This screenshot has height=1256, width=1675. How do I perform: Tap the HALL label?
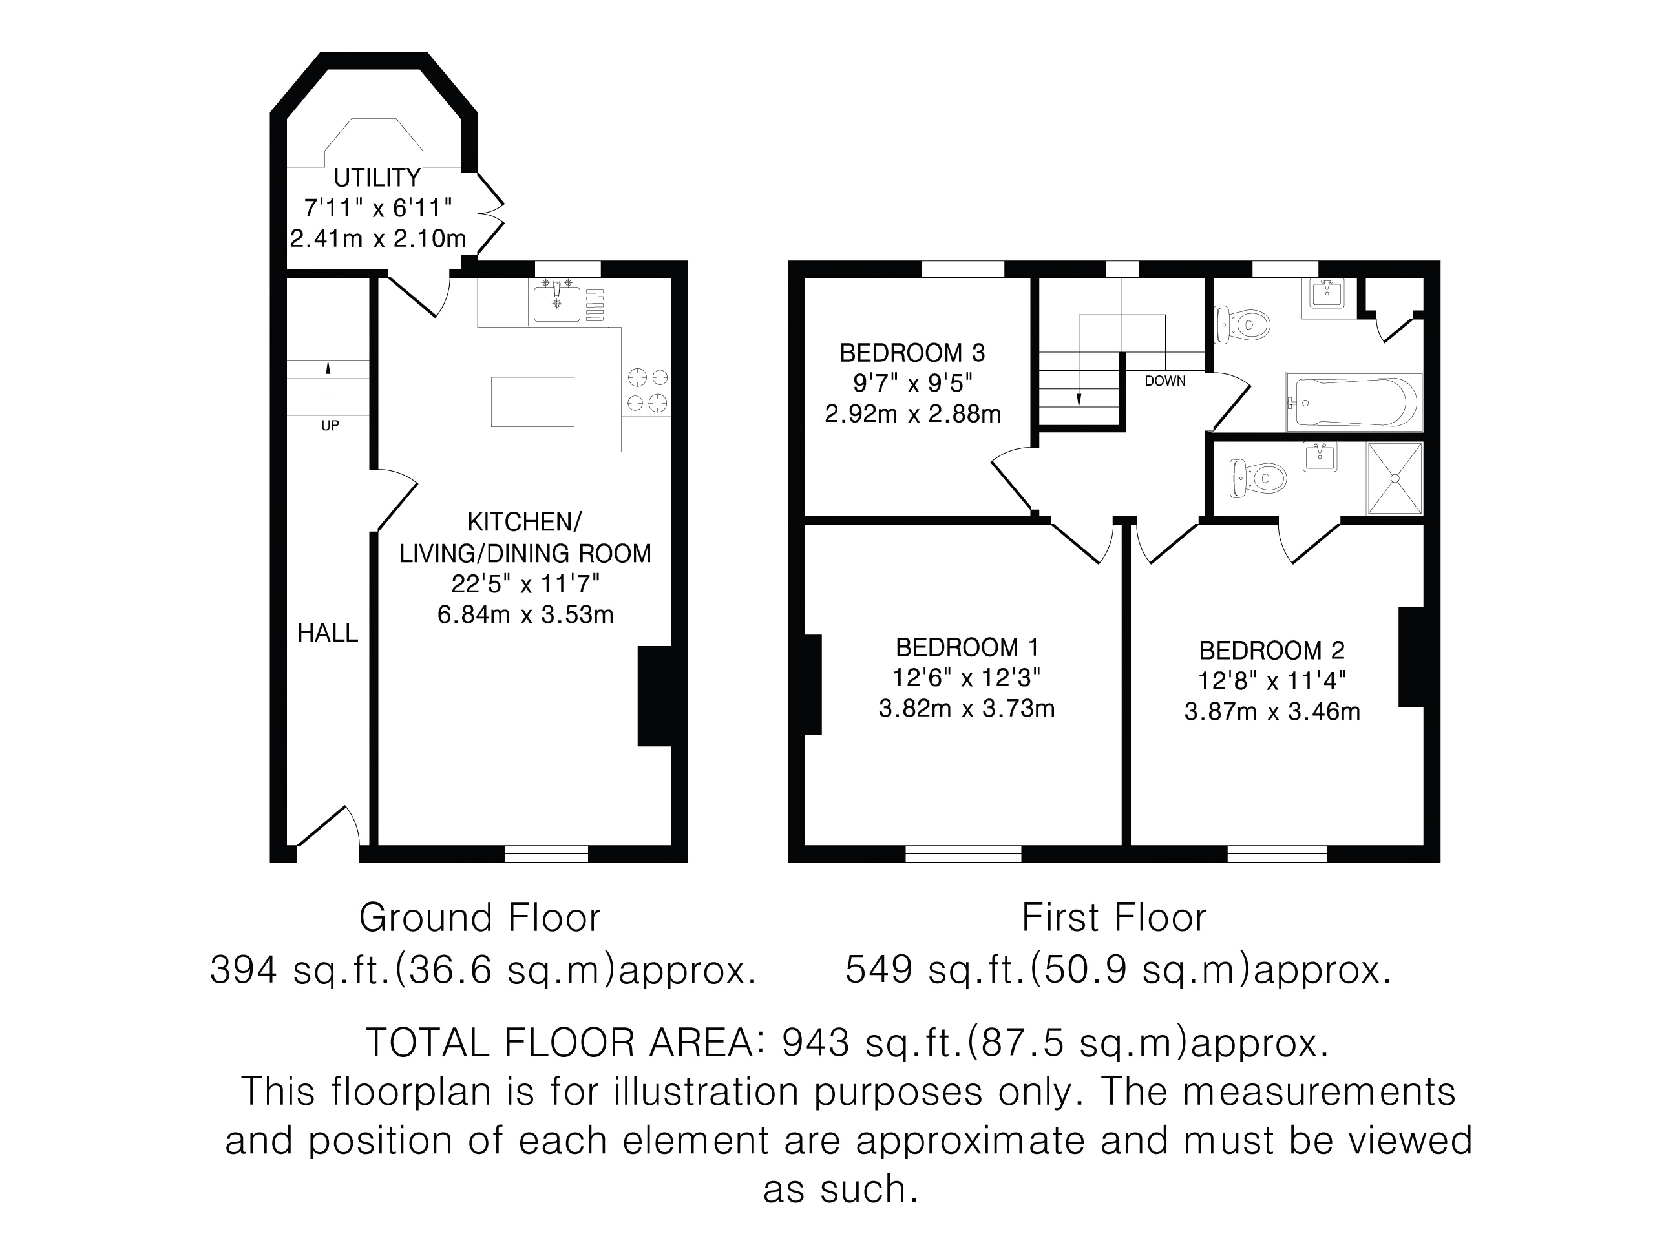tap(327, 633)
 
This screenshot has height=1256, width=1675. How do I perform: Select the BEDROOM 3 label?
tap(912, 353)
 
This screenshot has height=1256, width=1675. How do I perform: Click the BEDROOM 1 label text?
tap(967, 647)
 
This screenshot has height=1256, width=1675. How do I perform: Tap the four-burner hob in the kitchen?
tap(647, 390)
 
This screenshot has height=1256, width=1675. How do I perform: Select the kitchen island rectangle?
tap(532, 402)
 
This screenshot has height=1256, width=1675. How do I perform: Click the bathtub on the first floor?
tap(1354, 402)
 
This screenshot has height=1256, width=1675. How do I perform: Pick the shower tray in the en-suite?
tap(1395, 479)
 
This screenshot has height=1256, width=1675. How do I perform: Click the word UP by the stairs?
tap(330, 426)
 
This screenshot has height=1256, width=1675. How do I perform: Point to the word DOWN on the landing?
tap(1164, 381)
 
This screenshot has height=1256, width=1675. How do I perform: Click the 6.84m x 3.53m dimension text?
tap(525, 614)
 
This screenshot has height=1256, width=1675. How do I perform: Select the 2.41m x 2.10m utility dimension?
tap(378, 238)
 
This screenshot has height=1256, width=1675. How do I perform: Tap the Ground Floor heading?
tap(479, 917)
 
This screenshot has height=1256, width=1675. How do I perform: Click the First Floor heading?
tap(1114, 917)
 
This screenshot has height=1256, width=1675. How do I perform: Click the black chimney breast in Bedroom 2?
tap(1411, 657)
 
